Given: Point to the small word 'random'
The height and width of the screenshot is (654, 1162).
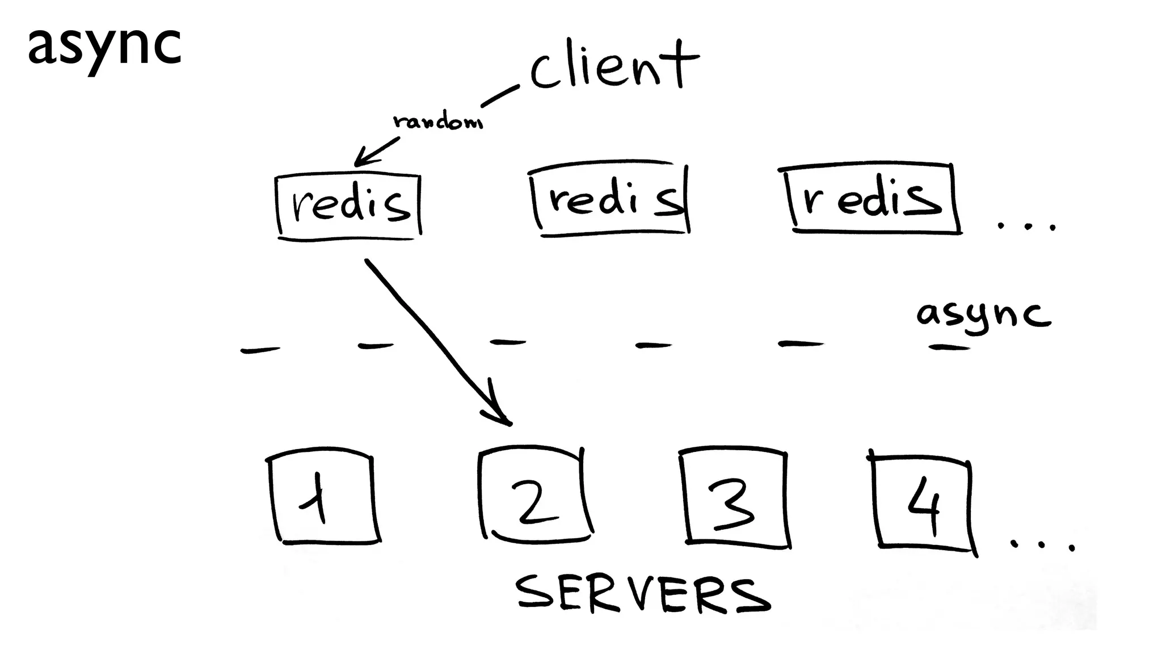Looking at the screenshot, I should (x=437, y=121).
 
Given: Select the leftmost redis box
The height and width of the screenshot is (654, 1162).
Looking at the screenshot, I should (x=349, y=206).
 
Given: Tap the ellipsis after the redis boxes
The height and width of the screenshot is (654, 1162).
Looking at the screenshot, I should (x=1027, y=226).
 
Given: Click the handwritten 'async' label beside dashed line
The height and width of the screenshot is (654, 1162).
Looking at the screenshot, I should (x=983, y=315).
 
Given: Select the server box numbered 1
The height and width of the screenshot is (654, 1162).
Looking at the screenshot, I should (x=322, y=498).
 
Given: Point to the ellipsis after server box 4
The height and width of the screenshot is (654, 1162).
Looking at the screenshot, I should (x=1042, y=545).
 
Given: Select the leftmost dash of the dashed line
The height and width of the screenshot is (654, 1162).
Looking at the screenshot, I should (x=260, y=350).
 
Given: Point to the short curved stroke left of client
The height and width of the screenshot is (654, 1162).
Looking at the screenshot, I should (x=499, y=97).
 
